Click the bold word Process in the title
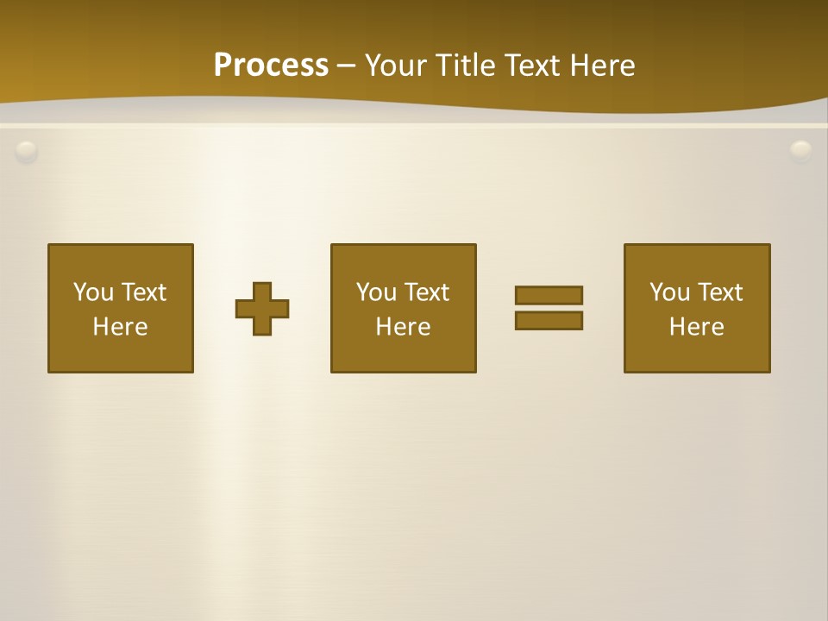coord(271,66)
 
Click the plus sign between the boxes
coord(262,309)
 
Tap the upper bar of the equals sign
coord(549,295)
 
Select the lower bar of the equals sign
coord(549,320)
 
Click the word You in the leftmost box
coord(93,292)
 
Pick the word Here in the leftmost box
coord(120,327)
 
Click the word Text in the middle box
coord(427,292)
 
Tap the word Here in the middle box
coord(403,327)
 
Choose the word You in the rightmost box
coord(669,292)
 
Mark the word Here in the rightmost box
coord(696,327)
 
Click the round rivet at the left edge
coord(27,152)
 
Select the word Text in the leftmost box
coord(144,292)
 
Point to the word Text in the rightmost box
coord(720,292)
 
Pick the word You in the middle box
coord(376,292)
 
